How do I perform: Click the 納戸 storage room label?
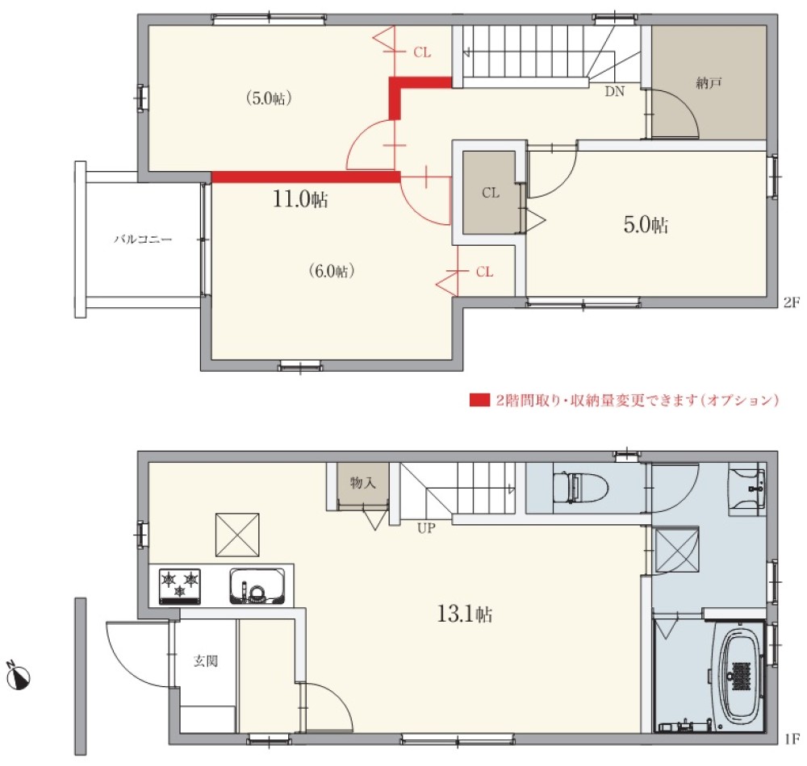(708, 82)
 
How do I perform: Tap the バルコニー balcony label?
(142, 239)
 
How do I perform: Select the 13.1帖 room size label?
(465, 614)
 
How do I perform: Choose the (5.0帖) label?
(268, 98)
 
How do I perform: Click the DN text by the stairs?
(615, 91)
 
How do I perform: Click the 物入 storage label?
(362, 482)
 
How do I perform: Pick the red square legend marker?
(479, 400)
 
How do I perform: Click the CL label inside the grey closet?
(491, 193)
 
